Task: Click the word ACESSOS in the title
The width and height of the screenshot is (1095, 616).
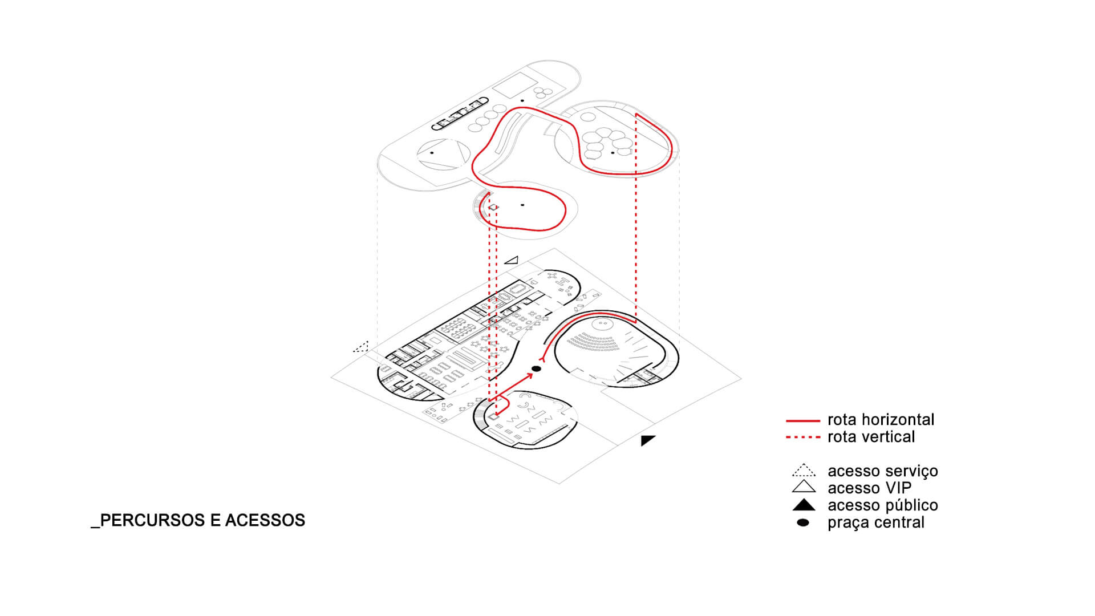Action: coord(265,520)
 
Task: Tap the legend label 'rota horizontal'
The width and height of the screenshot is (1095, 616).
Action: coord(881,420)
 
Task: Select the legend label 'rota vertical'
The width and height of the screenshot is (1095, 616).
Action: coord(871,437)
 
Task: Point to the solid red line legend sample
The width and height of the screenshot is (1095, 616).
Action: coord(803,421)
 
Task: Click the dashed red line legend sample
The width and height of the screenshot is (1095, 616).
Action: coord(803,437)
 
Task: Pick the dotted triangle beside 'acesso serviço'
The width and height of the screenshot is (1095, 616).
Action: coord(804,471)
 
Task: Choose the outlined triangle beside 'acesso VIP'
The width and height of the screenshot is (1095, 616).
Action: coord(804,487)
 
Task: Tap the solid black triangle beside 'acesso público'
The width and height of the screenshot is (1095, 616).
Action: coord(804,505)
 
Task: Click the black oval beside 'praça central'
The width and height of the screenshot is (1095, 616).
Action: coord(803,522)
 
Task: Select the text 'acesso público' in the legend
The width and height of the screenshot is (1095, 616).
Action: coord(882,505)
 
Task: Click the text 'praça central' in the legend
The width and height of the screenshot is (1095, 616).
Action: coord(875,522)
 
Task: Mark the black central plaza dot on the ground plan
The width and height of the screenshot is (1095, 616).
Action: coord(536,369)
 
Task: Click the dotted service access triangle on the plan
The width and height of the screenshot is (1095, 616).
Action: coord(362,347)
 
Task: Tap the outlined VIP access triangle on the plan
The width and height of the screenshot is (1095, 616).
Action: coord(512,261)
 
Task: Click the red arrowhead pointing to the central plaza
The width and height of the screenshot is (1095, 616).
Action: coord(529,375)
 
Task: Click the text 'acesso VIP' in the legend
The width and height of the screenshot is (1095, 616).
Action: coord(869,488)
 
